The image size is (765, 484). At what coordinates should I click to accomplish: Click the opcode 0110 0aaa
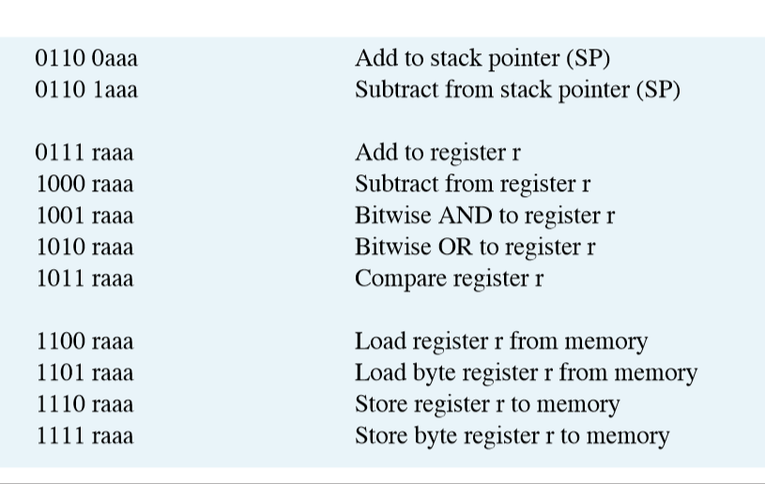point(86,59)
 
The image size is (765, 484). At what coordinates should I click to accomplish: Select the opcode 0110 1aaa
point(86,91)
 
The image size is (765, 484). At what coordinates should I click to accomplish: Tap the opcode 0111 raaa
point(84,153)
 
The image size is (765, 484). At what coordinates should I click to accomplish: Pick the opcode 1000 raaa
point(84,185)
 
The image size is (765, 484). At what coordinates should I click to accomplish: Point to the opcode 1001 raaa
point(84,216)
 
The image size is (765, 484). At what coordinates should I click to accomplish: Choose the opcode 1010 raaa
point(84,248)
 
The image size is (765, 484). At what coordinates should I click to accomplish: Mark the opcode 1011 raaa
point(84,279)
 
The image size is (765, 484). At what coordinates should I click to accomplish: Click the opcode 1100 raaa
point(84,341)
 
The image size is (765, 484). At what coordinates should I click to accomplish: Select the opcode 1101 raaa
point(84,373)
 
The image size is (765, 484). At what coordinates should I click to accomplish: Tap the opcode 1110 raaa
point(84,404)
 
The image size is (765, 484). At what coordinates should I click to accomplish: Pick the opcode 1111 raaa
point(84,436)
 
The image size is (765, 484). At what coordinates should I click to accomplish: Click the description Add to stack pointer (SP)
point(482,59)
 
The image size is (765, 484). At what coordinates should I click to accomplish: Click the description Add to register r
point(437,153)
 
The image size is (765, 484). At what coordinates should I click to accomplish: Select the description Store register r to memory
point(487,404)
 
